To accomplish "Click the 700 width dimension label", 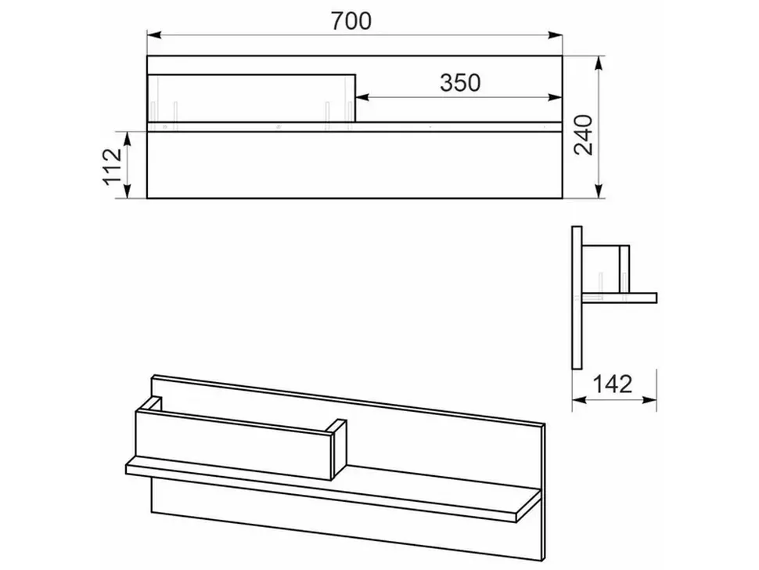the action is [351, 21].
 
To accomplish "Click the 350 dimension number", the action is [460, 83].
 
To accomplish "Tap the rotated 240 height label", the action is [584, 135].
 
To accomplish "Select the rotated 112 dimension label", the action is [113, 166].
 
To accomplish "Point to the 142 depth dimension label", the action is [613, 384].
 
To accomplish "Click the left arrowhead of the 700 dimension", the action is [154, 35].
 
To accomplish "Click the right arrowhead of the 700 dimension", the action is [556, 35].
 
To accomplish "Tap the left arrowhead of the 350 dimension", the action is [363, 98].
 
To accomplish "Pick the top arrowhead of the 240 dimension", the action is [599, 63].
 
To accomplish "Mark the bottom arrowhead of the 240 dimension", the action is [599, 191].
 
